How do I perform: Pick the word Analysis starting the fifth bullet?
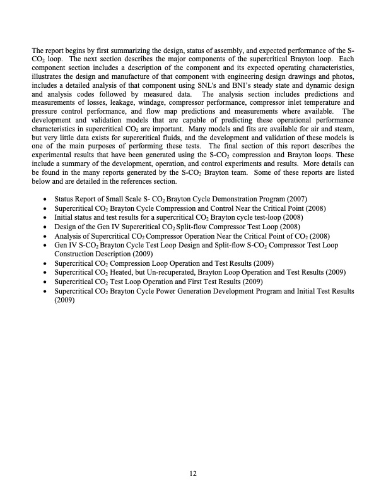(x=68, y=235)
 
